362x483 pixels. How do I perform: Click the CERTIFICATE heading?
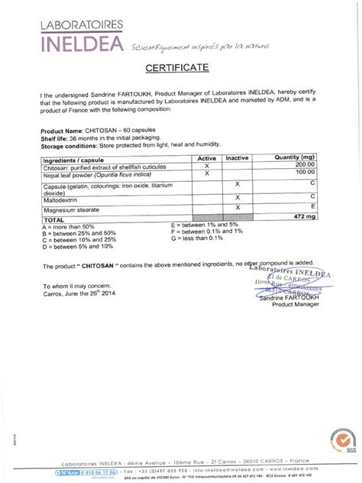(181, 68)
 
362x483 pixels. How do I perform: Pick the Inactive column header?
(238, 157)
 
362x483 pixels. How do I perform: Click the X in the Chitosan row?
(207, 165)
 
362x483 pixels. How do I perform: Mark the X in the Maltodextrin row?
(238, 197)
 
